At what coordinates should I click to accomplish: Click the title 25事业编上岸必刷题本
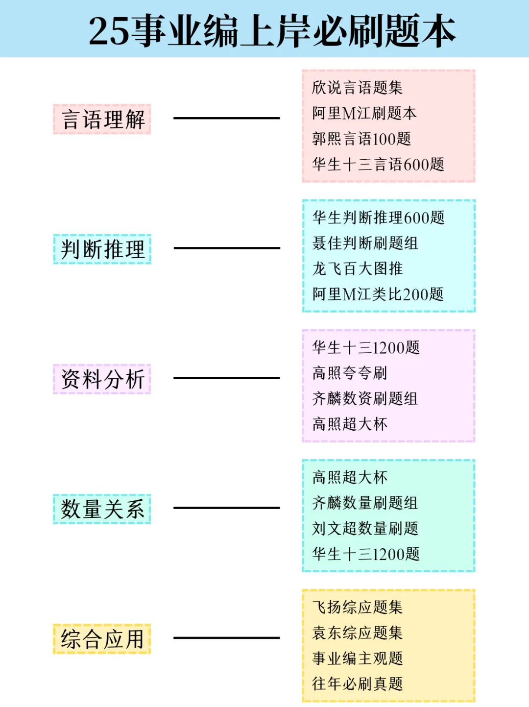[272, 31]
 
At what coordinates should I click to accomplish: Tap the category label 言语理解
[102, 119]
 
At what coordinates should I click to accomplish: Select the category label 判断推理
[102, 249]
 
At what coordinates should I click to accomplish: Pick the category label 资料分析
[102, 379]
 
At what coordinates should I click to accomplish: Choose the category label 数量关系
[102, 509]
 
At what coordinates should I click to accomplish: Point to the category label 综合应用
[102, 639]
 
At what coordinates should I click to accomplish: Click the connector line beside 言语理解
[226, 118]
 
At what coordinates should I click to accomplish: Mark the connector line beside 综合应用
[226, 638]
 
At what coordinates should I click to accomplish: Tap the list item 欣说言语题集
[357, 88]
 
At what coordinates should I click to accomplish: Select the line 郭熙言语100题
[361, 139]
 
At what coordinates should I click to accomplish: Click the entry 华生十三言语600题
[378, 164]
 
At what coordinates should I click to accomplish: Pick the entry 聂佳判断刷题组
[365, 243]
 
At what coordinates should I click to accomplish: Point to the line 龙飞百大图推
[357, 268]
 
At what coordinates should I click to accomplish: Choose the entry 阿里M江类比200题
[378, 294]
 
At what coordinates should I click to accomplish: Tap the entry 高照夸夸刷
[350, 373]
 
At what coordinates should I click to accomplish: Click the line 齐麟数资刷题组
[365, 398]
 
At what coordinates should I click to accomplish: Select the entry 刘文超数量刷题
[365, 528]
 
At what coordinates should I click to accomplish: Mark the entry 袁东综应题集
[357, 633]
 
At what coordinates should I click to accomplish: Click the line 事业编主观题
[357, 658]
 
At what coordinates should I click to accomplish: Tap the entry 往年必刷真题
[357, 683]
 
